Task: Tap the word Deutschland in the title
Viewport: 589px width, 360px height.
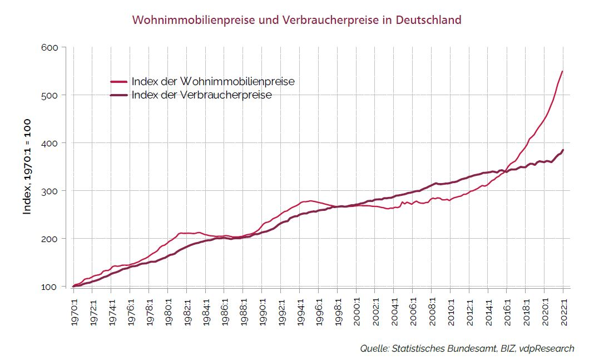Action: tap(428, 20)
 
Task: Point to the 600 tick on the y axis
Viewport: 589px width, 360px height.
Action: tap(50, 47)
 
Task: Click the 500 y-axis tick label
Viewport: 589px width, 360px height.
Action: tap(50, 95)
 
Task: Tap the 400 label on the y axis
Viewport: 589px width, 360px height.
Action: tap(50, 143)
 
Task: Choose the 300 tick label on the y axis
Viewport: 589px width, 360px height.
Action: tap(50, 191)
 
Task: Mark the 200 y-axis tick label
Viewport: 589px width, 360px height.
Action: tap(50, 239)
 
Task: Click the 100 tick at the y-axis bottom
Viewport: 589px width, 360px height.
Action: tap(50, 287)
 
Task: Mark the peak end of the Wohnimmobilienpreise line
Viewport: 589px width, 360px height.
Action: tap(563, 71)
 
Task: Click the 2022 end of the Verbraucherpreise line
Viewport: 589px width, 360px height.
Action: tap(563, 150)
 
